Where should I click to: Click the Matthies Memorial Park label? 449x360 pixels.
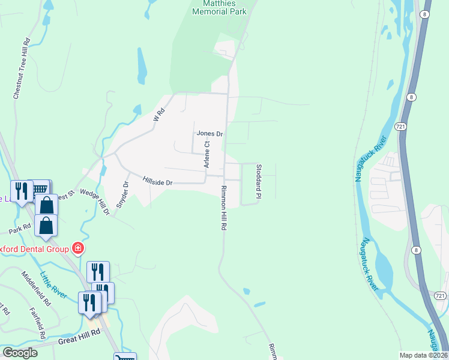coord(220,7)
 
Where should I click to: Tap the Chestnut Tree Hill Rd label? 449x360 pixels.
coord(21,69)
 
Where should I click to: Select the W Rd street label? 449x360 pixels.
coord(158,114)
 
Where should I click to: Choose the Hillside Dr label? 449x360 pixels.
coord(158,181)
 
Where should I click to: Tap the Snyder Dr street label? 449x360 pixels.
coord(123,194)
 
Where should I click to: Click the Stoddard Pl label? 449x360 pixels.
coord(258,181)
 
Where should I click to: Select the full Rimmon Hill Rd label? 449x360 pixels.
coord(223,208)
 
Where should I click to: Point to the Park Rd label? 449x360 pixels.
coord(19,229)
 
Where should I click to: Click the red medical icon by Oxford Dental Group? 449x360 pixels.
coord(77,248)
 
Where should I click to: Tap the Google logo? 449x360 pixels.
coord(20,353)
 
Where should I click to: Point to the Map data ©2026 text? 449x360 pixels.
coord(423,355)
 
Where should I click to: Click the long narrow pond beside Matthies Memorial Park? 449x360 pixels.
coord(142,66)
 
